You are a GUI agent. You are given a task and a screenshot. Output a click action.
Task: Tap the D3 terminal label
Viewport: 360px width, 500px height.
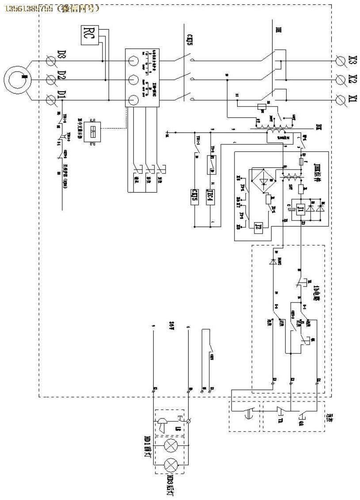pyautogui.click(x=62, y=58)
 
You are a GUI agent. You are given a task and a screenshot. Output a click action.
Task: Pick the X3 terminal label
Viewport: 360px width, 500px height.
pyautogui.click(x=352, y=60)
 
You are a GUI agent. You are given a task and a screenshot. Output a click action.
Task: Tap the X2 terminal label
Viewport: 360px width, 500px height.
pyautogui.click(x=352, y=80)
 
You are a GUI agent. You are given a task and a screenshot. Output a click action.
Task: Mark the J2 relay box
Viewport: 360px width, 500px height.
pyautogui.click(x=259, y=226)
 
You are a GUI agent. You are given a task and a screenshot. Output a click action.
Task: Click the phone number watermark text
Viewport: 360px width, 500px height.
pyautogui.click(x=51, y=8)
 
